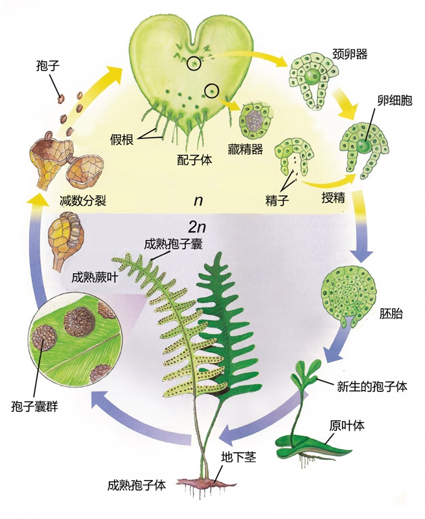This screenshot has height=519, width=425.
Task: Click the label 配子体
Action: point(194,159)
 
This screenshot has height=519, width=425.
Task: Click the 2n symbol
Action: point(197,227)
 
